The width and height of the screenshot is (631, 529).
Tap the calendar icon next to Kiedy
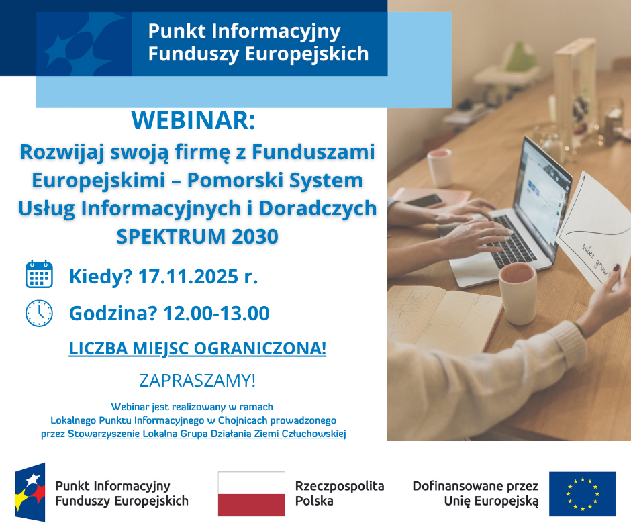tap(39, 275)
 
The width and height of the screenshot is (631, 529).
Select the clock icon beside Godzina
tap(39, 313)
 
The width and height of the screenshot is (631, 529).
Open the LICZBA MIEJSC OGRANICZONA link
tap(197, 348)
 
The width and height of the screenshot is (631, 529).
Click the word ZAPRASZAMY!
tap(197, 380)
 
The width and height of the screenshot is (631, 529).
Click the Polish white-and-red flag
tap(251, 493)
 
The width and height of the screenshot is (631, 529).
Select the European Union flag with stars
tap(582, 493)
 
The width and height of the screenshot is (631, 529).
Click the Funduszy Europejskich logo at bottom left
tap(31, 493)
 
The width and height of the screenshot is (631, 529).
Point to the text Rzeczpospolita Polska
tap(340, 493)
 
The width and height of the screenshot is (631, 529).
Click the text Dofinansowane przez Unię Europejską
tap(475, 493)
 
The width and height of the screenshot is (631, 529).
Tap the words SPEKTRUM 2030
tap(197, 237)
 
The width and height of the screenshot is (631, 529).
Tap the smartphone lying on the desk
tap(424, 199)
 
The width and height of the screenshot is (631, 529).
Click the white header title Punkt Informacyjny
tap(244, 31)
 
